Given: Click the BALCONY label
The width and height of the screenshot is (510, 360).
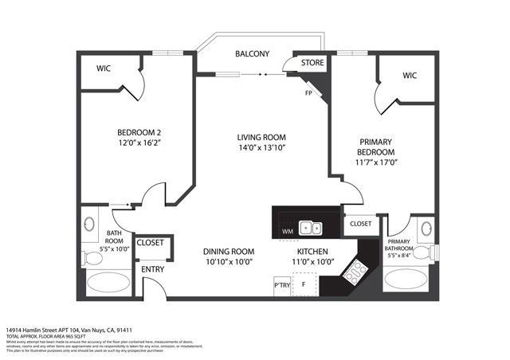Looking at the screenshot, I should (252, 54).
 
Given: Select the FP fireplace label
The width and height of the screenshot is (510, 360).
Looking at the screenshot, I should (308, 92).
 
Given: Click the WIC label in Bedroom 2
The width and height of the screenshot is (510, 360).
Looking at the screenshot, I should (104, 68).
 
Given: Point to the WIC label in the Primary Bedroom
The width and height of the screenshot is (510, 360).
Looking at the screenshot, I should (410, 76).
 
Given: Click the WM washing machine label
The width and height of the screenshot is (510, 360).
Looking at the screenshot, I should (287, 232).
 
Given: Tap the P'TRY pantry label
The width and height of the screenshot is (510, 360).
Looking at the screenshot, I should (281, 284).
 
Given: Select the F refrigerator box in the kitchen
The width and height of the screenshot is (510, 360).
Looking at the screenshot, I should (303, 284).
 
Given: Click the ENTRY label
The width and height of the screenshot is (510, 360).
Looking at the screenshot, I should (152, 269).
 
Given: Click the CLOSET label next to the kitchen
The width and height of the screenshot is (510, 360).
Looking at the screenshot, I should (359, 224).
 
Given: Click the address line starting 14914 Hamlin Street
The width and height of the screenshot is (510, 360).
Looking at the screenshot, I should (80, 329).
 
